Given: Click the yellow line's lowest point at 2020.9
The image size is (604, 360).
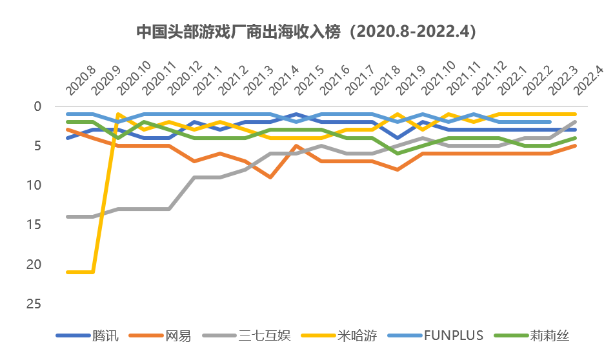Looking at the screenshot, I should (x=93, y=272).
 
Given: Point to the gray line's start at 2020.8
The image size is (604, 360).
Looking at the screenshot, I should (x=68, y=217).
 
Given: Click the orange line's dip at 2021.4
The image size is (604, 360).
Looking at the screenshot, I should (x=270, y=177).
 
